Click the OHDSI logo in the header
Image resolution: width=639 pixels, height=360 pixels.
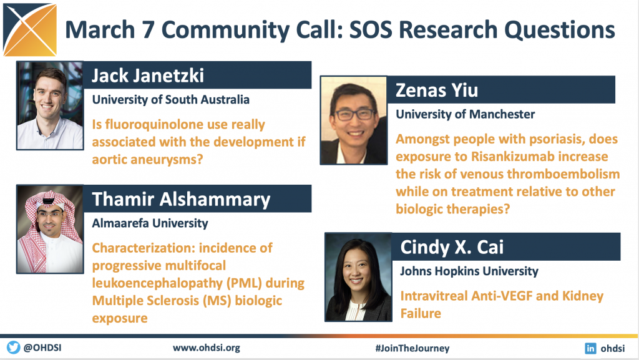(30, 30)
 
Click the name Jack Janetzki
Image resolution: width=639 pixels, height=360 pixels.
(147, 75)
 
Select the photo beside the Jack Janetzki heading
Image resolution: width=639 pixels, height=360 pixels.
(50, 105)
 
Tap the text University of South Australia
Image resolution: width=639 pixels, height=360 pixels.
(170, 100)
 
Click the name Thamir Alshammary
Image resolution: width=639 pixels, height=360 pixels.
(181, 199)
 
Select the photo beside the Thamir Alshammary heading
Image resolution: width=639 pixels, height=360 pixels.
(50, 229)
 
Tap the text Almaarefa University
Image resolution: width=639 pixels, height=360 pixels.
(150, 223)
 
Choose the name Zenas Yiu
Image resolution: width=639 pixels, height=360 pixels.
(437, 90)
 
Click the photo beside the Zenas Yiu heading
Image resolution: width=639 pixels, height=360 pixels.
(354, 120)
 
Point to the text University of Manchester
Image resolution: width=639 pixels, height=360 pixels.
(465, 114)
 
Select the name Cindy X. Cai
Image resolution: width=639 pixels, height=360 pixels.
(452, 247)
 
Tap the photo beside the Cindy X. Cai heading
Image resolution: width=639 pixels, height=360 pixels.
(358, 277)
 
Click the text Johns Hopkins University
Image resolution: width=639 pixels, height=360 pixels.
(469, 271)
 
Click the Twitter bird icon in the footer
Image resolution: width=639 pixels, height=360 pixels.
(13, 348)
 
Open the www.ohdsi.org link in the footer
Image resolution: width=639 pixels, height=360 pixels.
(206, 348)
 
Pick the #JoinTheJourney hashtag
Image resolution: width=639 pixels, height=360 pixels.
(412, 348)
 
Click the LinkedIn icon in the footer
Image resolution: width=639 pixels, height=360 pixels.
(590, 348)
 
